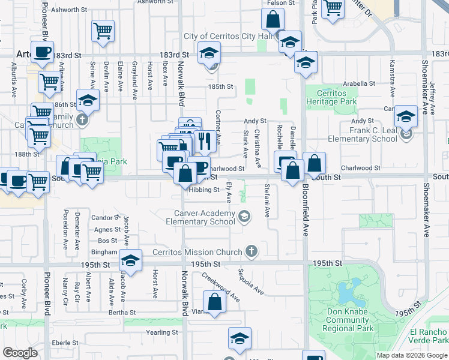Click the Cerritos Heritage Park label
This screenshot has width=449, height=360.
click(332, 98)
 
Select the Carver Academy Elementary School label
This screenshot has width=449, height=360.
click(205, 218)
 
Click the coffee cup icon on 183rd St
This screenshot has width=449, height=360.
click(42, 52)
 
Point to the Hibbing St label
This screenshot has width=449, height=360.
click(204, 190)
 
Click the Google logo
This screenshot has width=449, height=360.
click(20, 353)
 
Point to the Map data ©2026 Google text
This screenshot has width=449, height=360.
click(411, 355)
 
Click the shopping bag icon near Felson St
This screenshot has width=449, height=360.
click(273, 19)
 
